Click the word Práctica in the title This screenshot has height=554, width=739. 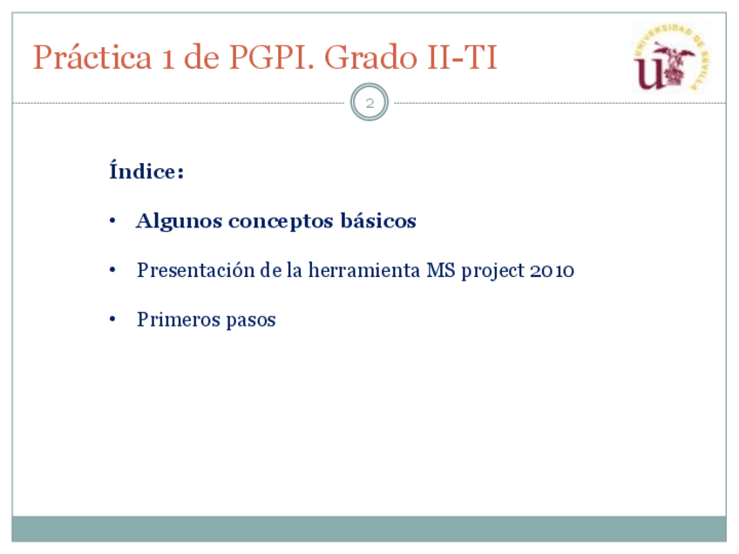[92, 57]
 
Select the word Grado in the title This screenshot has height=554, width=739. [371, 57]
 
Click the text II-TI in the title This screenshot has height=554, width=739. [463, 57]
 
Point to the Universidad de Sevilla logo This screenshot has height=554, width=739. [671, 57]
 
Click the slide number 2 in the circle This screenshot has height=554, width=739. [369, 103]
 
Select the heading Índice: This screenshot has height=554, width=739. [146, 170]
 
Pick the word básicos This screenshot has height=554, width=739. [378, 220]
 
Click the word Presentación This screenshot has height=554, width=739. [196, 270]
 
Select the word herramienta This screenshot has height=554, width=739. [364, 270]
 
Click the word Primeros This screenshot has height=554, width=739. [179, 320]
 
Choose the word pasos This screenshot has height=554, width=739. [251, 321]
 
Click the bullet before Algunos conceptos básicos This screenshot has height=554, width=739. [112, 220]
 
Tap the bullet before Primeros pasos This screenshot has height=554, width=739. [112, 320]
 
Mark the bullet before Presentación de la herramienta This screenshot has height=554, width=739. [112, 270]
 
